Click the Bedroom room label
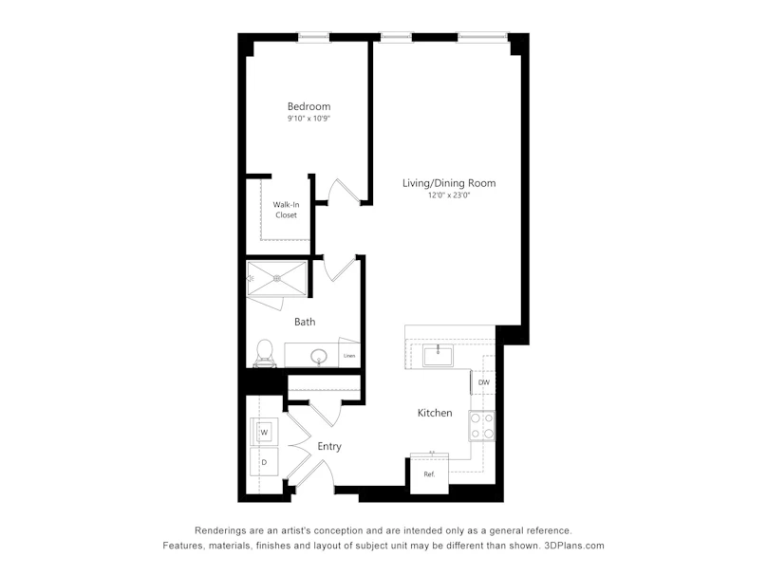click(x=309, y=106)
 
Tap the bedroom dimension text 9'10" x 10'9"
click(x=309, y=119)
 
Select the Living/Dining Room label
click(x=449, y=183)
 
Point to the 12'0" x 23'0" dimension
click(x=449, y=195)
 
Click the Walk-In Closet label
click(x=286, y=210)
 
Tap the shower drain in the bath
click(x=277, y=278)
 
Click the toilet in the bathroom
click(x=265, y=353)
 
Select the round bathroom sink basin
click(x=319, y=356)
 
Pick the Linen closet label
click(x=349, y=356)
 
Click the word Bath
click(x=305, y=322)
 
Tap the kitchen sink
click(x=438, y=355)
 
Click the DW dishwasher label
click(x=484, y=382)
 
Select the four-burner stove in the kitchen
click(x=482, y=426)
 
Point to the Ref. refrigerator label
click(x=429, y=474)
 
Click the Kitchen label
click(x=435, y=413)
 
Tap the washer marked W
click(x=264, y=432)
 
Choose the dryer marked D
click(x=264, y=462)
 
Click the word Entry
click(x=329, y=446)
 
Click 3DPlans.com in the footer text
click(x=574, y=546)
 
